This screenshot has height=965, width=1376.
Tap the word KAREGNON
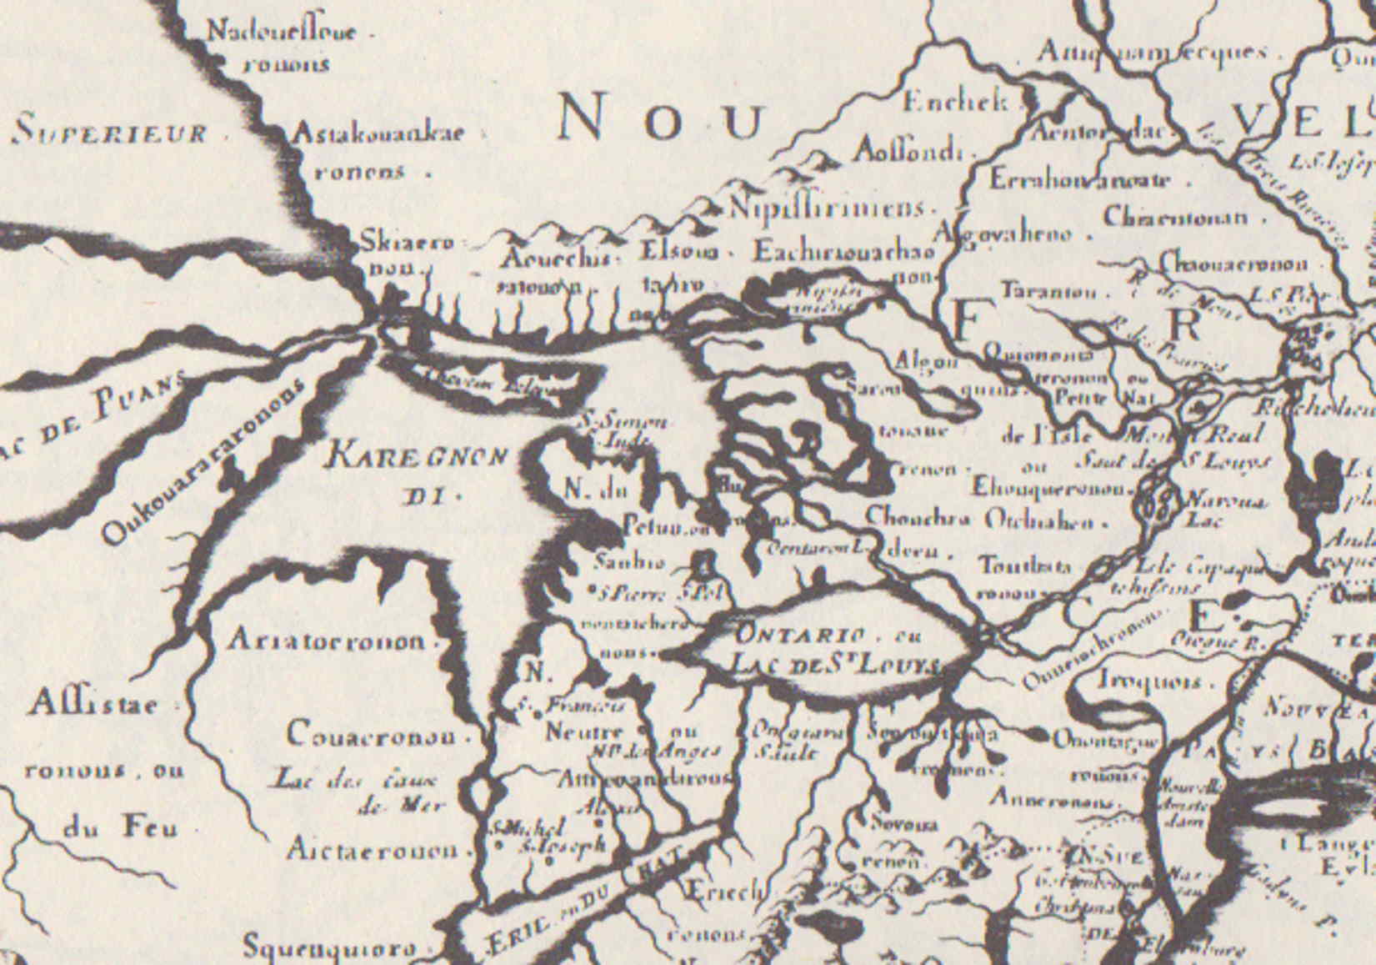[x=416, y=456]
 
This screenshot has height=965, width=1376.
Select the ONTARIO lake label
[x=793, y=635]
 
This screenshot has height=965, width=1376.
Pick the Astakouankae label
[x=377, y=133]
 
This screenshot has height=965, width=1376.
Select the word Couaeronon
[x=371, y=735]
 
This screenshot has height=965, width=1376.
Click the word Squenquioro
[x=328, y=948]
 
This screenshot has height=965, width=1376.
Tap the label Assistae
[x=92, y=705]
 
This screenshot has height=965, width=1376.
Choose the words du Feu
[x=120, y=828]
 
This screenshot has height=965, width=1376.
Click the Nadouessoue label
[x=280, y=33]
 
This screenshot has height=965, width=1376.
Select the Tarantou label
[x=1048, y=292]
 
